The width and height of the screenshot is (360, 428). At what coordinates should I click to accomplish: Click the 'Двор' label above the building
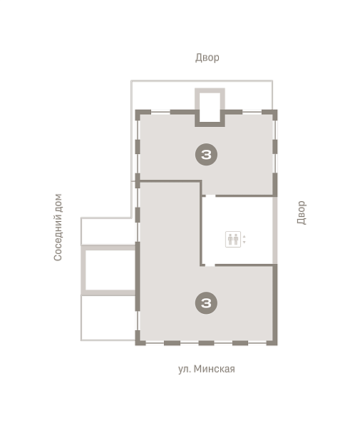tap(207, 58)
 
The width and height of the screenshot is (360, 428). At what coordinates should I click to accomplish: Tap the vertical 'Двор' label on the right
tap(302, 213)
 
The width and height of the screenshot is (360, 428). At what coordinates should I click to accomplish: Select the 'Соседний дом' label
tap(58, 228)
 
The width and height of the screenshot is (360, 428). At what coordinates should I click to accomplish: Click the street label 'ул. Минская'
tap(207, 369)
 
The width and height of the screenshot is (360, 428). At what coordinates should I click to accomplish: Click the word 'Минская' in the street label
tap(215, 369)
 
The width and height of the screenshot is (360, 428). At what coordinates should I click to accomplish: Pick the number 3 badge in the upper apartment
tap(206, 155)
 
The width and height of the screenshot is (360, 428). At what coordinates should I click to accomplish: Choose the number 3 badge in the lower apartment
tap(206, 302)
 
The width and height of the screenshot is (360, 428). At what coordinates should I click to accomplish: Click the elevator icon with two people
tap(233, 240)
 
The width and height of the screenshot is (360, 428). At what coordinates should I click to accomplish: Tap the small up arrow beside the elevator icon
tap(244, 236)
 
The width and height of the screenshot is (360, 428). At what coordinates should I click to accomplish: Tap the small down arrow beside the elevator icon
tap(244, 242)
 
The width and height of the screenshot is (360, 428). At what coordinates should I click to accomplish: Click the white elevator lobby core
tap(237, 230)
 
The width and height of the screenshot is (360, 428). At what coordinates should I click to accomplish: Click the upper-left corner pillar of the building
tap(140, 114)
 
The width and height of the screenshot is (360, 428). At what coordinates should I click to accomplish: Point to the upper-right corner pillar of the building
tap(273, 114)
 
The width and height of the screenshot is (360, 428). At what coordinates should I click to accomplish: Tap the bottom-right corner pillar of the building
tap(274, 341)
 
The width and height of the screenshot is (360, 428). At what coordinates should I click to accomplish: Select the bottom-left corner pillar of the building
tap(139, 341)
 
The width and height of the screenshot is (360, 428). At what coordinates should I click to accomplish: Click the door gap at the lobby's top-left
tap(210, 195)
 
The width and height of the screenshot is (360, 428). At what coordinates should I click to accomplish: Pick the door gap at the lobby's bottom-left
tap(210, 265)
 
